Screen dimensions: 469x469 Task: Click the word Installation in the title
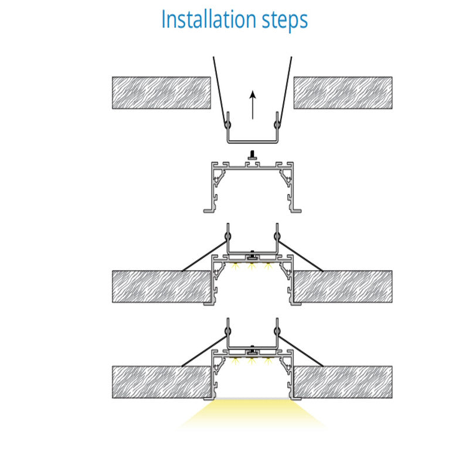click(209, 19)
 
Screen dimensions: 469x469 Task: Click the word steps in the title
click(285, 21)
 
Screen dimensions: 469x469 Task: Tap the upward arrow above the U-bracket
click(253, 105)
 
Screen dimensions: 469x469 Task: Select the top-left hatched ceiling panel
click(162, 93)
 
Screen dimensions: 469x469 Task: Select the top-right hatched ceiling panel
click(343, 93)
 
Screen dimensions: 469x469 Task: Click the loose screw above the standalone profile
click(253, 155)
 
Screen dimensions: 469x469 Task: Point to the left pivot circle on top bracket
click(228, 124)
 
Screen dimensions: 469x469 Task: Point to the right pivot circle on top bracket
click(277, 124)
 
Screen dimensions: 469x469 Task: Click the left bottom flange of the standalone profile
click(209, 210)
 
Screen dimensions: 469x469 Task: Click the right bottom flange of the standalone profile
click(296, 210)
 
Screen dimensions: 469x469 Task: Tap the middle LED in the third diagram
click(252, 266)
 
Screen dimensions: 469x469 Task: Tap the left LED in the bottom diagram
click(236, 361)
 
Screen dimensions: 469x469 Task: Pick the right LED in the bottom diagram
click(268, 361)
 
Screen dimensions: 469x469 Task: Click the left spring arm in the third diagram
click(205, 256)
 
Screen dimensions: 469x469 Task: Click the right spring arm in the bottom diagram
click(301, 351)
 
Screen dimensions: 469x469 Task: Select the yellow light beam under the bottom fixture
click(253, 414)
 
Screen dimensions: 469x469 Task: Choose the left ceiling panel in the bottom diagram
click(162, 382)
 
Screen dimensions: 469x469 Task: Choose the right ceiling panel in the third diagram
click(343, 287)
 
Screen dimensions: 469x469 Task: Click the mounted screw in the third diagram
click(253, 255)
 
